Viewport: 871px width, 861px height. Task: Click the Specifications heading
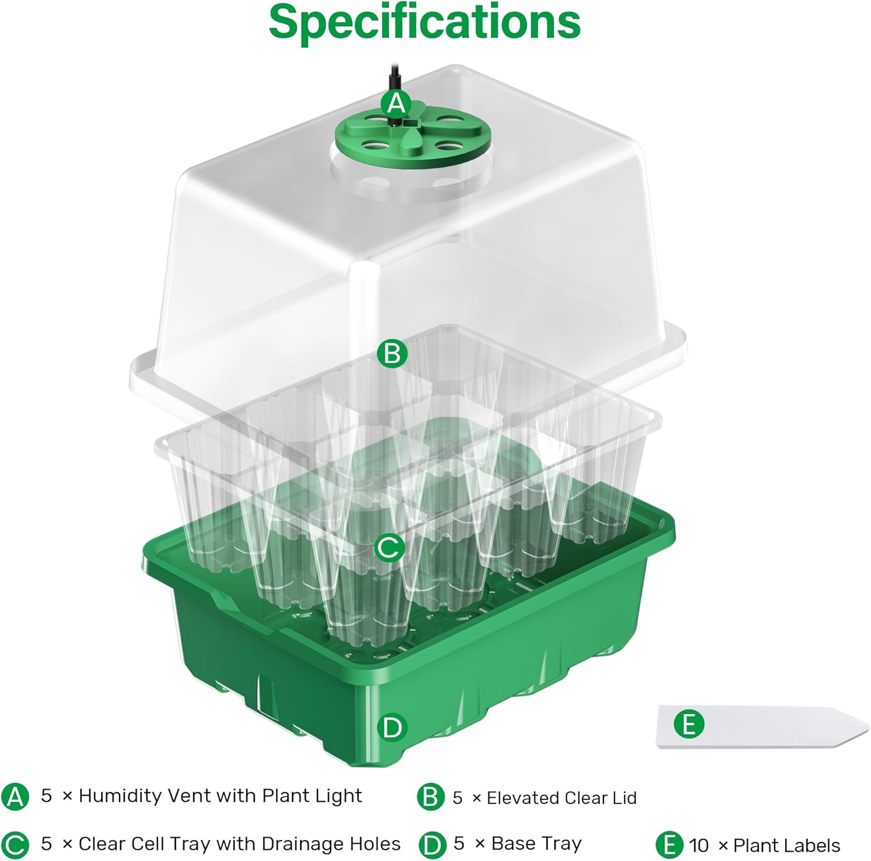coord(424,22)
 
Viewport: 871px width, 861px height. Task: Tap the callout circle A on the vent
coord(396,103)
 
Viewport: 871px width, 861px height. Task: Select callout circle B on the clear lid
coord(392,353)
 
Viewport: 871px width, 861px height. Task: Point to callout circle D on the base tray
coord(392,727)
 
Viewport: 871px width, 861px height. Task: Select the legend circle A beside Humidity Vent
coord(15,797)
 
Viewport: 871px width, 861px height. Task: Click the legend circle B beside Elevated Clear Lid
coord(430,798)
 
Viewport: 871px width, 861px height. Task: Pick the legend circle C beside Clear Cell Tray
coord(15,845)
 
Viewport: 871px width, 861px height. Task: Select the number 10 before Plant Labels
coord(700,845)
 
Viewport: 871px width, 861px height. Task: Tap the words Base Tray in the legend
coord(536,844)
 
